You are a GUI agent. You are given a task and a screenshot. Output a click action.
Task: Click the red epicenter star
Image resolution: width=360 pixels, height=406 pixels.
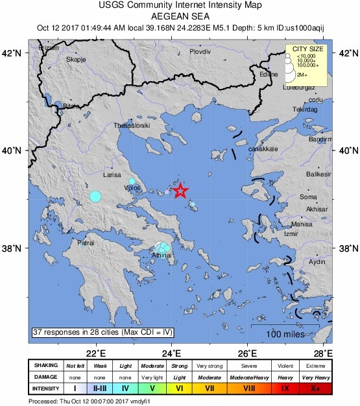click(181, 191)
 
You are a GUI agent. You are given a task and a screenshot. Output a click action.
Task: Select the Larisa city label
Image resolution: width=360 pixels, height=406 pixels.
click(112, 174)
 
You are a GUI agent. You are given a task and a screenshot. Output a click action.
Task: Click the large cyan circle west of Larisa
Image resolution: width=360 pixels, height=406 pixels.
click(96, 196)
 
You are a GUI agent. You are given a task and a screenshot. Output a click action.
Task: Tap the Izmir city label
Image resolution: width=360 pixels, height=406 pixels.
click(290, 233)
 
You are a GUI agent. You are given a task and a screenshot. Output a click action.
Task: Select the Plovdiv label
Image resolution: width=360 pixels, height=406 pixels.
click(201, 51)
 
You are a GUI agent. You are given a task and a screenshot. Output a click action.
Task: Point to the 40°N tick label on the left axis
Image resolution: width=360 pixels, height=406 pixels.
click(14, 150)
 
